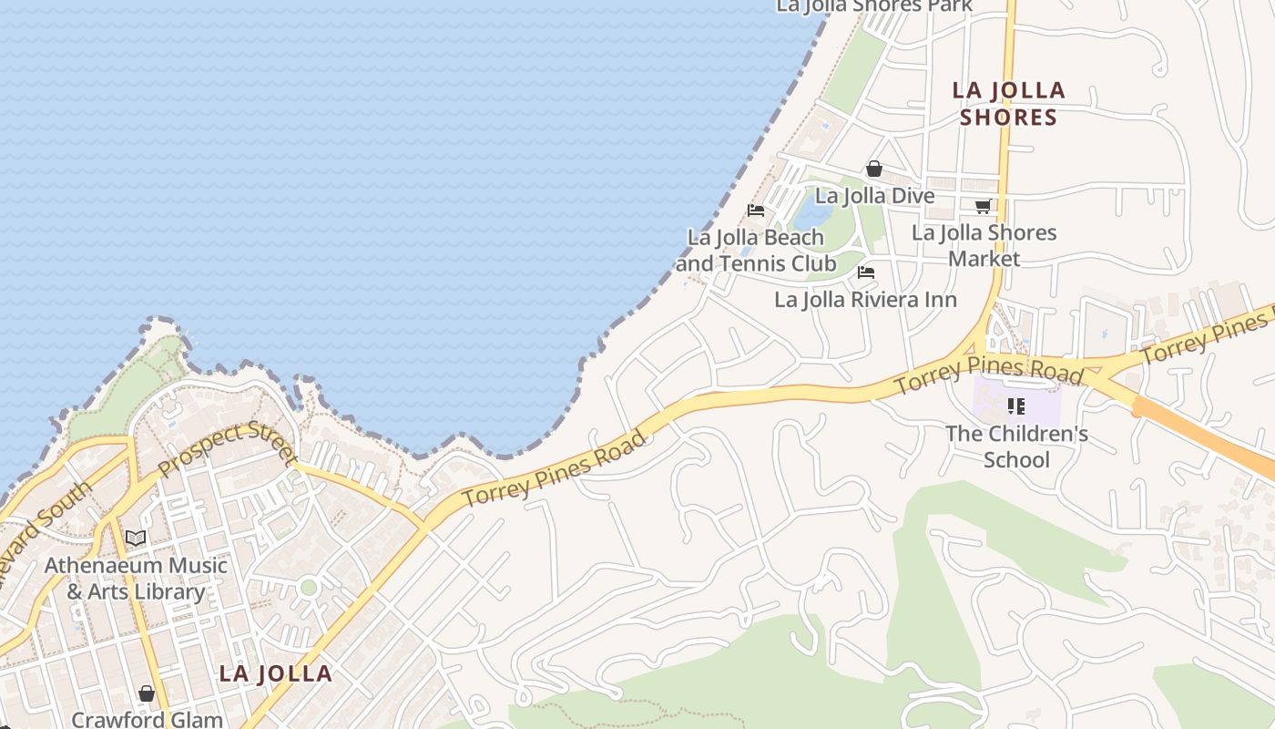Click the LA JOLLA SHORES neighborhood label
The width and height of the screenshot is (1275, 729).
[x=1008, y=103]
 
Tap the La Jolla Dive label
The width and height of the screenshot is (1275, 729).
[x=874, y=196]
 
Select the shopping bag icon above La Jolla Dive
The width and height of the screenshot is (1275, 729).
[x=874, y=169]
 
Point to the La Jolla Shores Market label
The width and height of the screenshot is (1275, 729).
[x=984, y=245]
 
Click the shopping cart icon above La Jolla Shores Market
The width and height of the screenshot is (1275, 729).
[x=983, y=207]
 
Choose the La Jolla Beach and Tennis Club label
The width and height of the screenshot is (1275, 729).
[x=756, y=251]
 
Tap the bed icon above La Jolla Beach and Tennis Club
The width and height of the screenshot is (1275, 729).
[x=756, y=210]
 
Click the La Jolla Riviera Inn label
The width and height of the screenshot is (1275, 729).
[x=865, y=300]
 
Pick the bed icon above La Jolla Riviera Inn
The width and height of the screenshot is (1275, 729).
[x=866, y=272]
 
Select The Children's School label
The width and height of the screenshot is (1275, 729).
[x=1016, y=446]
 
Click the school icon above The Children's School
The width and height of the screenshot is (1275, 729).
[x=1016, y=406]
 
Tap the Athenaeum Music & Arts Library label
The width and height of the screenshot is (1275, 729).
[x=136, y=578]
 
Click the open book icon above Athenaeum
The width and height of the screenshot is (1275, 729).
[x=136, y=539]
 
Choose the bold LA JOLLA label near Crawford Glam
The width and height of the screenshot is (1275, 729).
[x=275, y=674]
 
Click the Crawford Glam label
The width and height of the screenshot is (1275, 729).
[x=147, y=719]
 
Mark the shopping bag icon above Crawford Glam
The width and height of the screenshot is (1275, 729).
[x=147, y=694]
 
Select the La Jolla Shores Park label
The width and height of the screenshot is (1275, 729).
[x=874, y=6]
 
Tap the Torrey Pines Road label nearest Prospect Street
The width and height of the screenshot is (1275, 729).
[x=555, y=469]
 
